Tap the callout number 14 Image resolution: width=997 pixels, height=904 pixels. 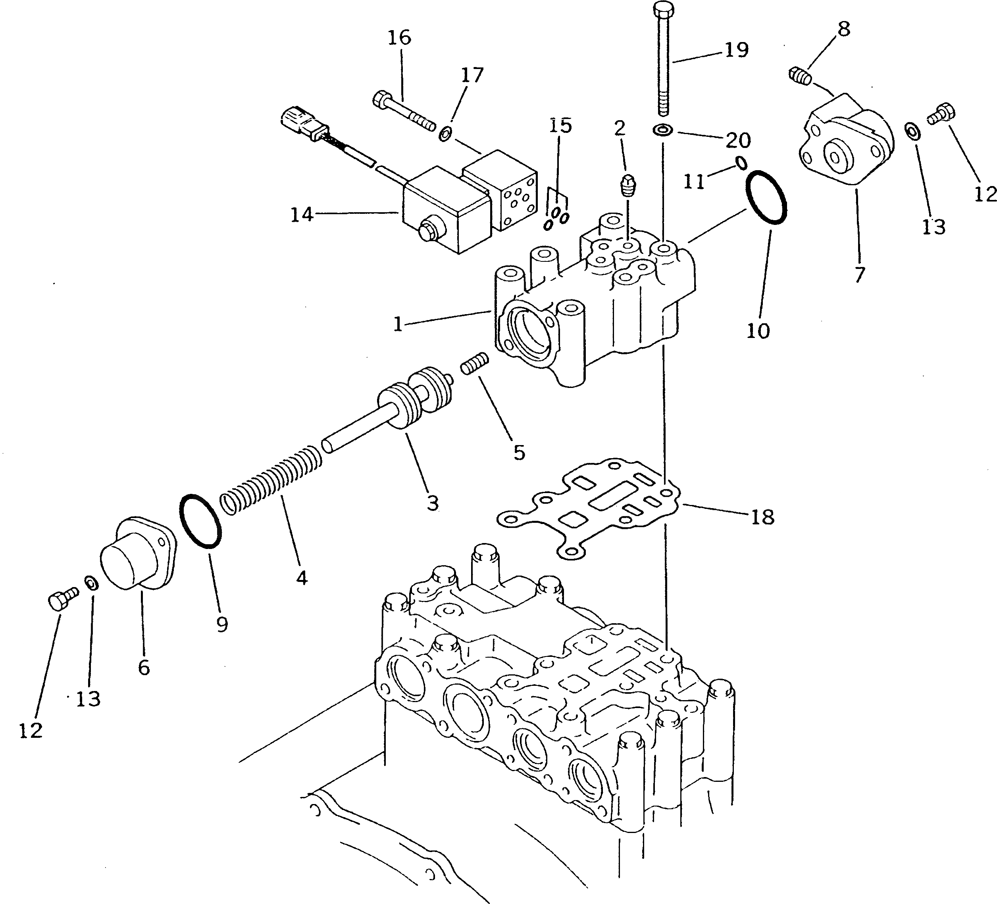[302, 215]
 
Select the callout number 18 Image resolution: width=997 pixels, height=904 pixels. [762, 517]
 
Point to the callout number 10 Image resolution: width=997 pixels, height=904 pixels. [758, 331]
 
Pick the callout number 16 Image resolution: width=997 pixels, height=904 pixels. [399, 38]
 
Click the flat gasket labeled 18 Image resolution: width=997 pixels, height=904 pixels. [589, 509]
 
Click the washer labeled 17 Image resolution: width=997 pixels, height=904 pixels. [445, 133]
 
